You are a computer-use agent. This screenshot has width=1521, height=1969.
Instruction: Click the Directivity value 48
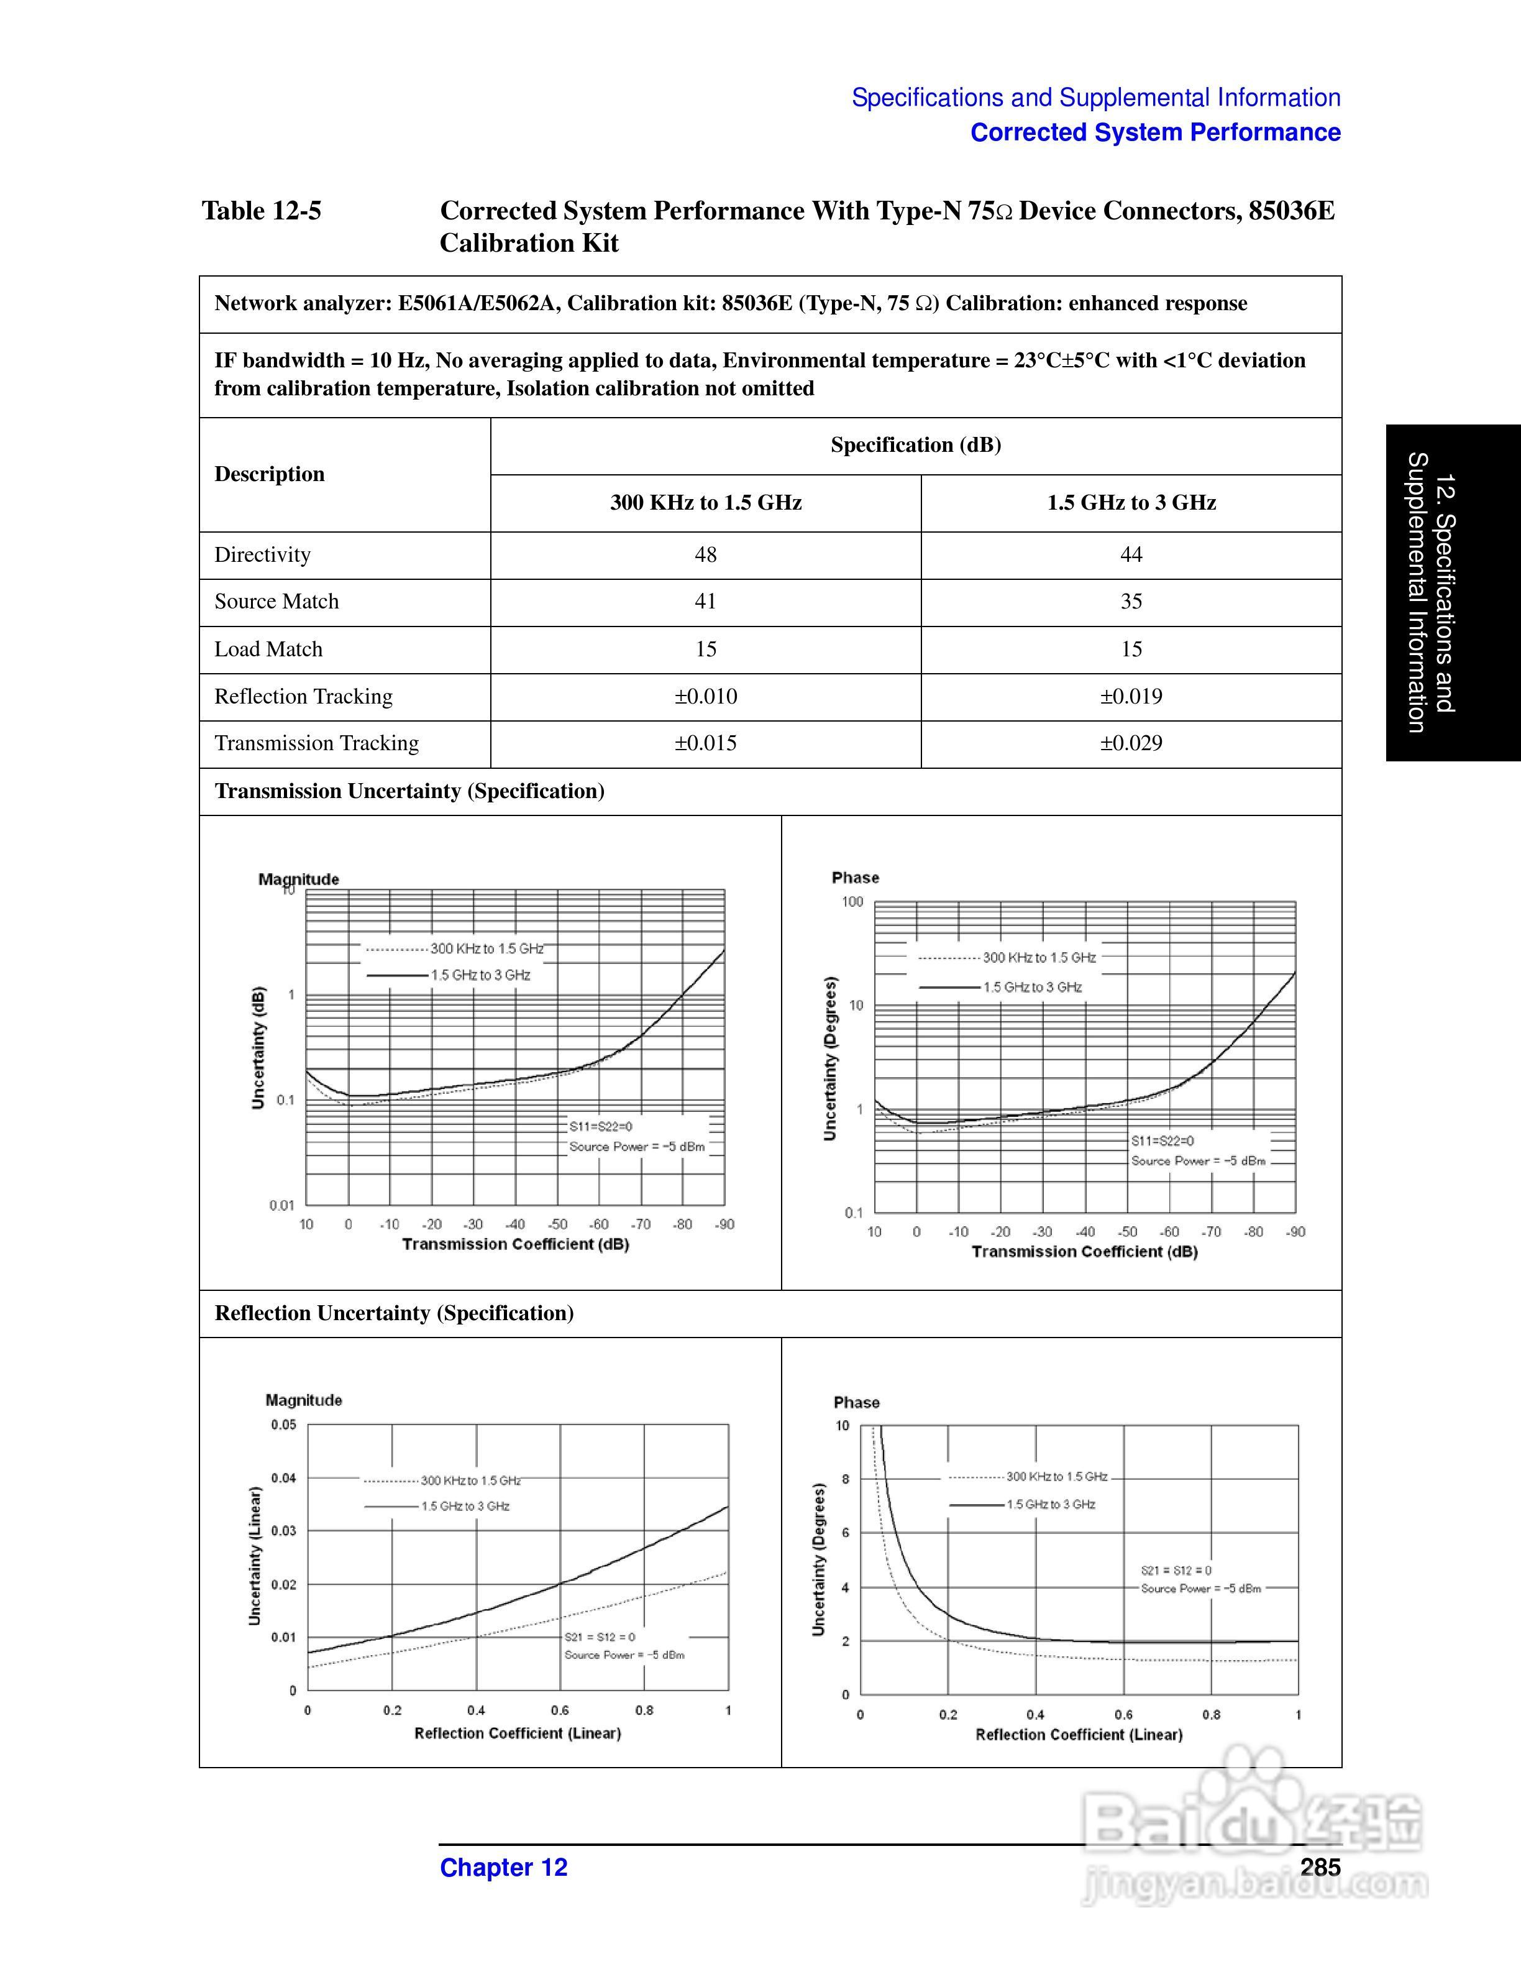pyautogui.click(x=706, y=554)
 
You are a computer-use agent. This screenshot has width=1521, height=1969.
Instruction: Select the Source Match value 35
pyautogui.click(x=1131, y=602)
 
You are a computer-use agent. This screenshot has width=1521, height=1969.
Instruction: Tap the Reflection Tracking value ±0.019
pyautogui.click(x=1131, y=696)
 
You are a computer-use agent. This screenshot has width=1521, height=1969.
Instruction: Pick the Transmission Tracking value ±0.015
pyautogui.click(x=706, y=743)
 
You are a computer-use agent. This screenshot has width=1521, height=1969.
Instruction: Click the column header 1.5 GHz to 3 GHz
pyautogui.click(x=1131, y=502)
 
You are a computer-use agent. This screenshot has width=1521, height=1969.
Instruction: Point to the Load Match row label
pyautogui.click(x=268, y=649)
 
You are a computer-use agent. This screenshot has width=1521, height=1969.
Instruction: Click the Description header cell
pyautogui.click(x=270, y=474)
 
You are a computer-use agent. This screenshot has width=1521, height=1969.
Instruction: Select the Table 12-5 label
pyautogui.click(x=262, y=211)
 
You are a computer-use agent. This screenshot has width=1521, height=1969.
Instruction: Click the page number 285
pyautogui.click(x=1320, y=1867)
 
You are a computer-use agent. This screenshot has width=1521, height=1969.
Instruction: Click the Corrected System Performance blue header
pyautogui.click(x=1155, y=132)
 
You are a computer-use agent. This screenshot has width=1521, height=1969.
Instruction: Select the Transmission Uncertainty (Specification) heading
pyautogui.click(x=409, y=791)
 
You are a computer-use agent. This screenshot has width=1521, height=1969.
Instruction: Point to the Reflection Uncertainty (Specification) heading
pyautogui.click(x=394, y=1313)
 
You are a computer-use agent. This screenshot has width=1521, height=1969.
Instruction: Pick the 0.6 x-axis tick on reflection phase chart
pyautogui.click(x=1123, y=1714)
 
